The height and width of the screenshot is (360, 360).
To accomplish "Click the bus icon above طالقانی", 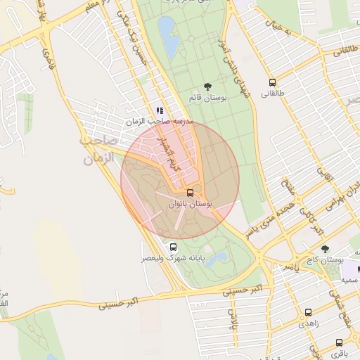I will click(x=272, y=82).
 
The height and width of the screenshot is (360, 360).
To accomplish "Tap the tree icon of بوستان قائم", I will click(x=207, y=86).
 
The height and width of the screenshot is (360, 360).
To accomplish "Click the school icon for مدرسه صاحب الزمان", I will click(x=160, y=110).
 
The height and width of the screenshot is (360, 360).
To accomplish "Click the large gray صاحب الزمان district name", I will click(x=99, y=150).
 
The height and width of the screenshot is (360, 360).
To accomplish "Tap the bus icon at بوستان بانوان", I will click(x=190, y=192).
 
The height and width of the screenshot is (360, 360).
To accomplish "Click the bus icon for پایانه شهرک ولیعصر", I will click(x=174, y=247).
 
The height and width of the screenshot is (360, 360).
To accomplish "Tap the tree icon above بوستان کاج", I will click(x=325, y=249).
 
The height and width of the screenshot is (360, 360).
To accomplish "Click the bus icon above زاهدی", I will click(x=307, y=313).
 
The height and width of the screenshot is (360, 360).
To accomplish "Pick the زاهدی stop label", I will click(x=308, y=323).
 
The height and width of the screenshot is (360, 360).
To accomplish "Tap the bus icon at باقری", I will click(x=339, y=342).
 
